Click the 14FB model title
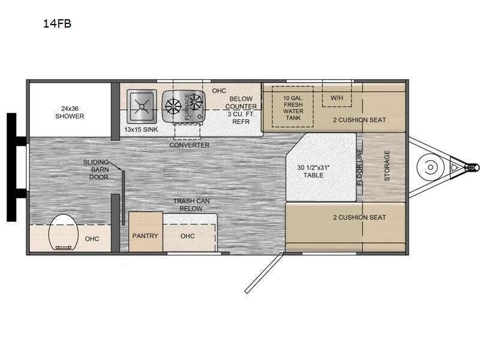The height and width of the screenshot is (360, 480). pos(57,23)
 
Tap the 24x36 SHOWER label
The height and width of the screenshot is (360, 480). pos(70,112)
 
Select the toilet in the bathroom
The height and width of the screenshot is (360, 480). pos(62,232)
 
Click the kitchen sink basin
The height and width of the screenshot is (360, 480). pos(142,106)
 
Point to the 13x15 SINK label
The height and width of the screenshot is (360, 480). pos(141,130)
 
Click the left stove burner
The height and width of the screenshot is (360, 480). pos(173,106)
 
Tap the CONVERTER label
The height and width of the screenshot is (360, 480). pos(190,145)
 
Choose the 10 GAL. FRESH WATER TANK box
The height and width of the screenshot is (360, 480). pos(293,107)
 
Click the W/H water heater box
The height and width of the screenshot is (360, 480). pos(337,96)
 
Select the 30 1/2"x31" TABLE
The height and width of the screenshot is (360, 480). pos(321,167)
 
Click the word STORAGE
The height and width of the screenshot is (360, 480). pos(387,166)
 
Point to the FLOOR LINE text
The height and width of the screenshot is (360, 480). pos(359,167)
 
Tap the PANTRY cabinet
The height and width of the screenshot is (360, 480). pos(145,232)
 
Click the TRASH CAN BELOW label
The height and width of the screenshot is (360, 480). pos(191,205)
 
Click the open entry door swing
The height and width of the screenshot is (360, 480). pos(264,272)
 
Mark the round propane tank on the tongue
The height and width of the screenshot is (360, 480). pos(430,167)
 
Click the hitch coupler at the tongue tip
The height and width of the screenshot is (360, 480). pos(472,167)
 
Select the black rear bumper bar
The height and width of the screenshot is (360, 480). pos(11,167)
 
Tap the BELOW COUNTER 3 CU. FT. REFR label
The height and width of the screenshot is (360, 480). pos(241,110)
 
